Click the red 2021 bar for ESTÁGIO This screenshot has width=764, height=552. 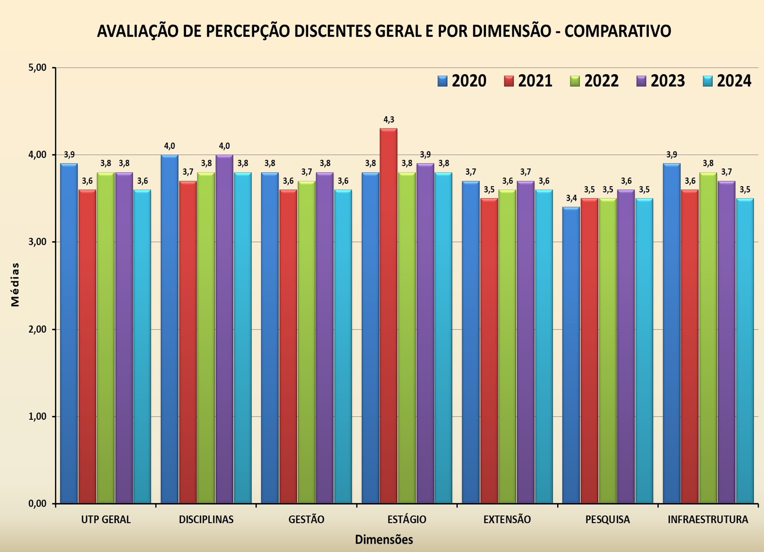click(x=388, y=315)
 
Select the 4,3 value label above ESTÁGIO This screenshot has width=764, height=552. click(x=389, y=120)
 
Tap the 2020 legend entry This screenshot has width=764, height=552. click(x=462, y=81)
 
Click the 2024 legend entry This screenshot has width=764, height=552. click(x=727, y=81)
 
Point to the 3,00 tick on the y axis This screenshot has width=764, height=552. click(x=38, y=242)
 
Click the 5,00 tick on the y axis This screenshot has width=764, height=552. click(x=38, y=68)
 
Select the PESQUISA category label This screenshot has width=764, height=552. click(x=608, y=520)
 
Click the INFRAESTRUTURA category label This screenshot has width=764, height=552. click(x=708, y=520)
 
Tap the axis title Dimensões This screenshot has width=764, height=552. click(x=384, y=539)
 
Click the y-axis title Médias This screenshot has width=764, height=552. click(x=16, y=285)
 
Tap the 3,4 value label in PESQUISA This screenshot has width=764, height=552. click(x=571, y=198)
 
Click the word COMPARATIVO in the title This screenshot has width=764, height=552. click(x=617, y=31)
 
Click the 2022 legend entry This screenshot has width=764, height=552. click(x=594, y=81)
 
